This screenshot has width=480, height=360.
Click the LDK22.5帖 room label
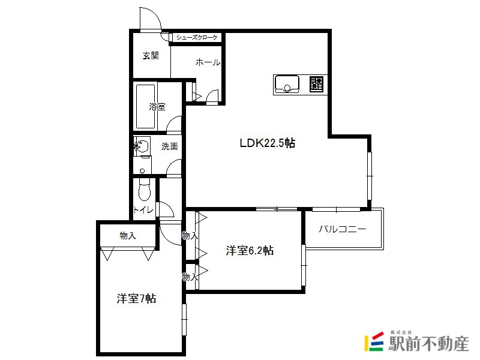(267, 143)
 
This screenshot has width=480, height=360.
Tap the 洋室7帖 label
(137, 298)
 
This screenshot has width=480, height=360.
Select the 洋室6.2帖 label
(250, 250)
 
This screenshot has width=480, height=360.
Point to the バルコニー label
(342, 229)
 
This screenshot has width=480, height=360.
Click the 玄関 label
(151, 56)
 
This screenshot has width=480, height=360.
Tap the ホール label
(208, 62)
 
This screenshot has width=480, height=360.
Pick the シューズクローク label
(197, 38)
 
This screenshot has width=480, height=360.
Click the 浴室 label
(157, 107)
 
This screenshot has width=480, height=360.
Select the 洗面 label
(170, 146)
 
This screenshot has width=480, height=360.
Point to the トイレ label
(143, 210)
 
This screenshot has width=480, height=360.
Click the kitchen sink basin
(287, 84)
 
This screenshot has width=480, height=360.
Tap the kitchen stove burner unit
(316, 84)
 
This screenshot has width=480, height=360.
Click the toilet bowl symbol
(145, 190)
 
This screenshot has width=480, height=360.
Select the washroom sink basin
(142, 146)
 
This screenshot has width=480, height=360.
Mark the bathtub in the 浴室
(145, 107)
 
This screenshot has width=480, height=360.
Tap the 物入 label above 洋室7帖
(128, 236)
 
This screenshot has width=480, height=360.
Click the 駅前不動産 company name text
(428, 343)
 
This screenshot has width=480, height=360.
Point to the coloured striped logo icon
(374, 341)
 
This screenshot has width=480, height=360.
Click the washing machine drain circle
(142, 171)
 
